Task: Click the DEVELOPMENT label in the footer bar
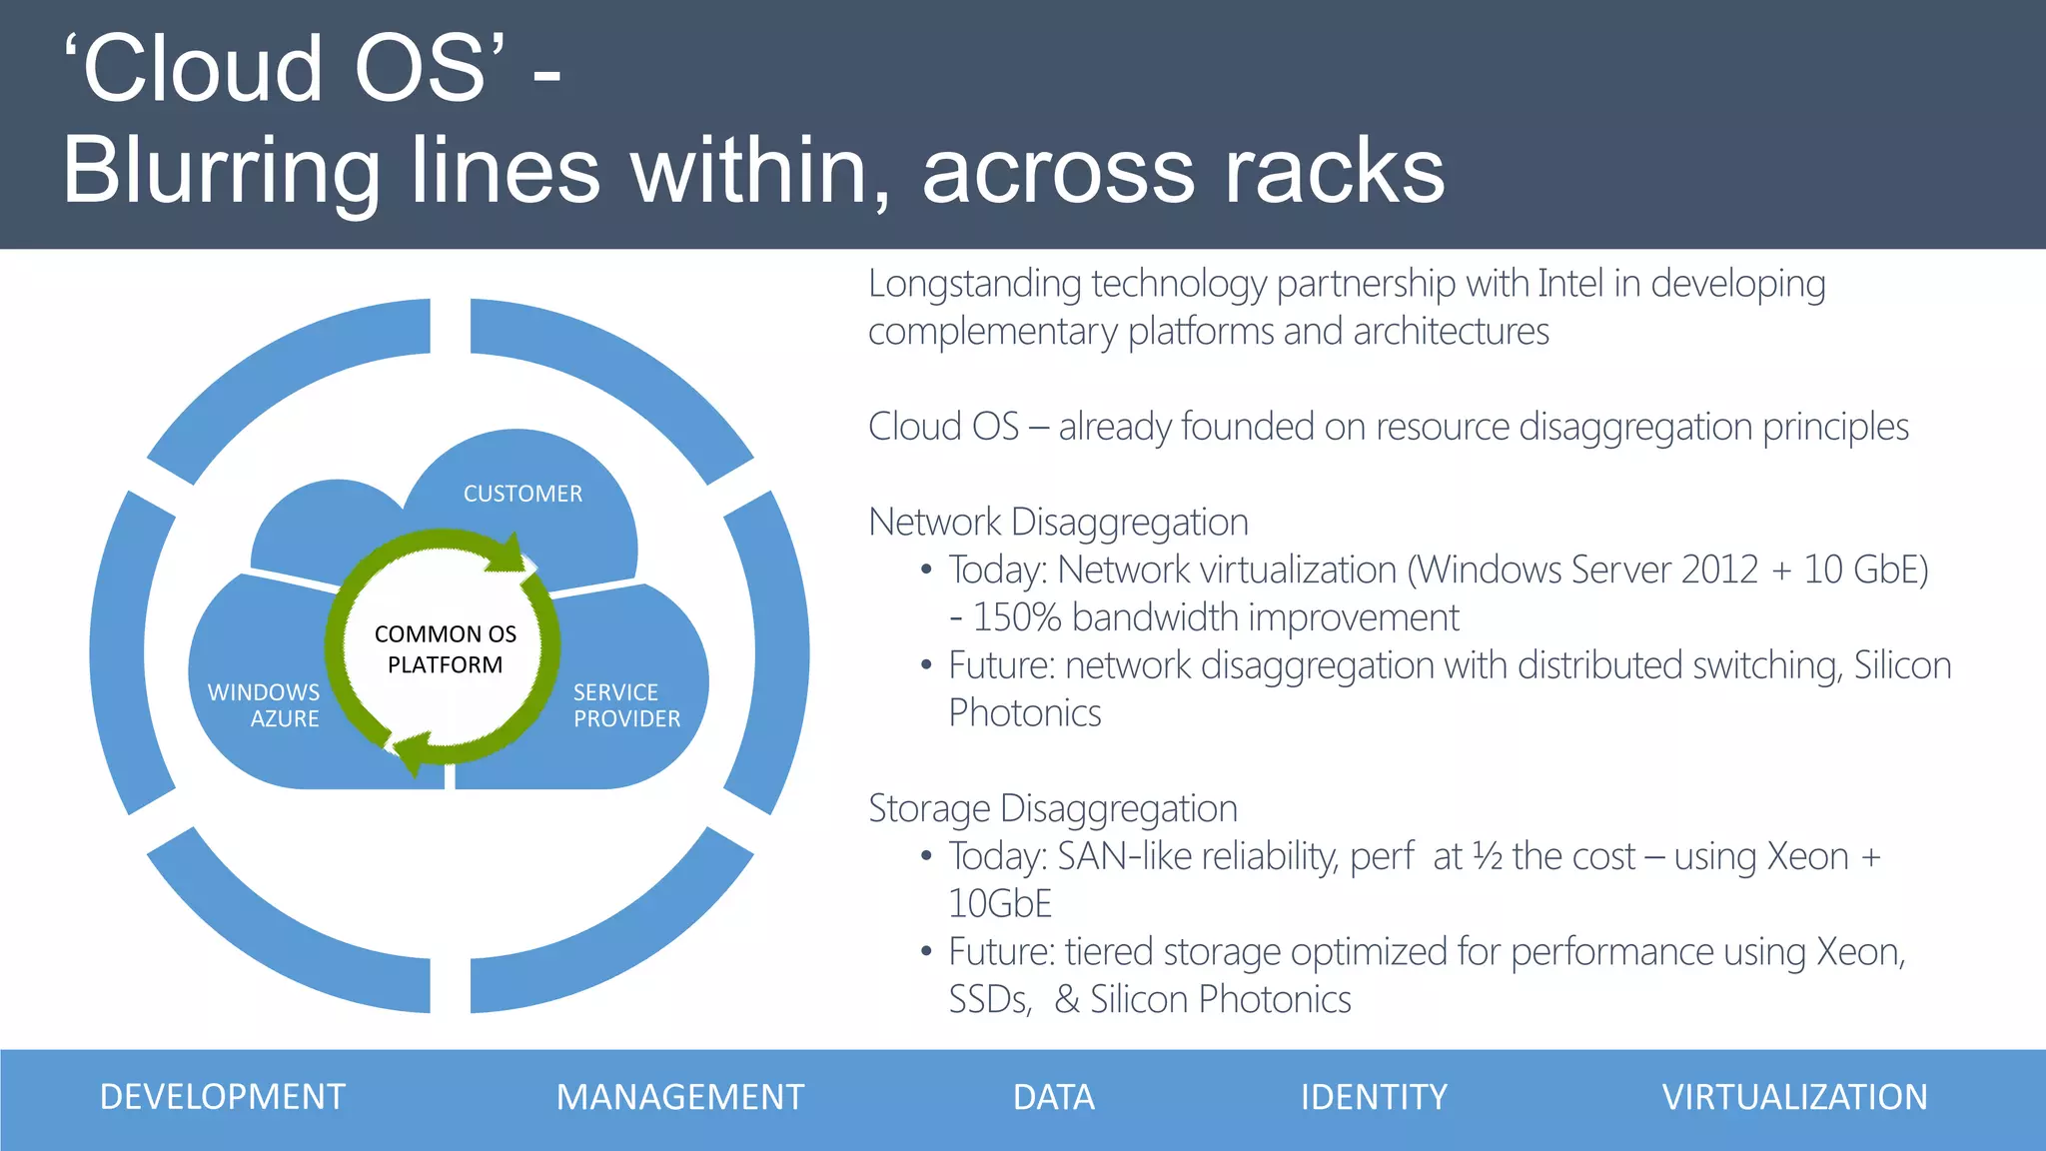tap(222, 1097)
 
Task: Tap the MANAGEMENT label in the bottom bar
tap(679, 1097)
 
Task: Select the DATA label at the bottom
tap(1053, 1097)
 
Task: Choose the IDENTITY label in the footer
tap(1373, 1097)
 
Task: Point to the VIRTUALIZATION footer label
tap(1794, 1097)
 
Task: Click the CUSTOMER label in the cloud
tap(522, 494)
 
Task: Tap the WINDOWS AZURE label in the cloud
tap(265, 705)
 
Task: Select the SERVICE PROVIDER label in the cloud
tap(625, 705)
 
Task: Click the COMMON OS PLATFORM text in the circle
tap(446, 649)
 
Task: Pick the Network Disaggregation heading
tap(1058, 522)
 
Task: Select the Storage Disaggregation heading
tap(1052, 808)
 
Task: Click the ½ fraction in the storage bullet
tap(1487, 856)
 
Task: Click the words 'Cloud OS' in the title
tap(285, 68)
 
